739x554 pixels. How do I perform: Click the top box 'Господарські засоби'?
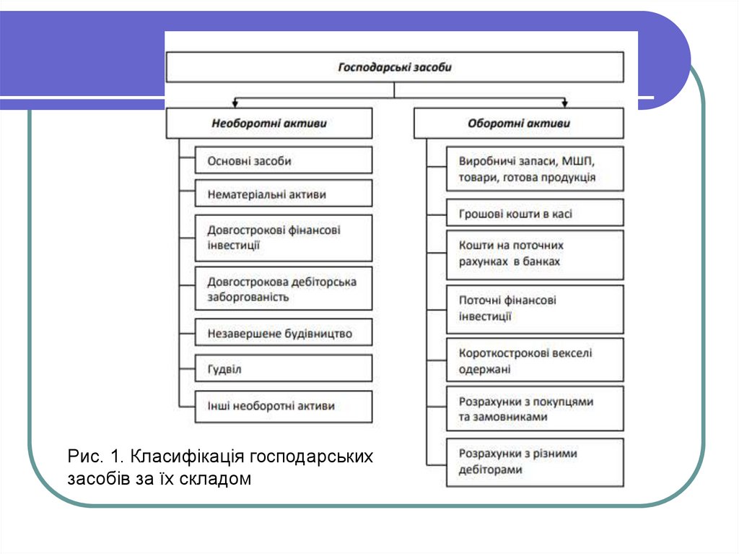[x=395, y=67]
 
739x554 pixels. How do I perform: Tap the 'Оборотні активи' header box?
[x=518, y=124]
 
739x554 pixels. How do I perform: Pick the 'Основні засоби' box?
[x=284, y=161]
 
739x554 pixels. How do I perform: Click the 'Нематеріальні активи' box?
[x=284, y=194]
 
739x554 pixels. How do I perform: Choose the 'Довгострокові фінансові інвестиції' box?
[x=284, y=238]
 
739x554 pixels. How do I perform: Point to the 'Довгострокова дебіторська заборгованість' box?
[x=284, y=289]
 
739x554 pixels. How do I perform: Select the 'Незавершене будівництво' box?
[x=284, y=334]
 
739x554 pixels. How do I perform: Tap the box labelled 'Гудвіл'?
[x=284, y=369]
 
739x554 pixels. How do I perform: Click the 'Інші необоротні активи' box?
[x=284, y=406]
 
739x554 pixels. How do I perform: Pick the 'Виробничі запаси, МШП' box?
[x=535, y=168]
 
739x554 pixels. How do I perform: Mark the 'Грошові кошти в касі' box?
[x=535, y=214]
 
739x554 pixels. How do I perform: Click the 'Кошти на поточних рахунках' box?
[x=535, y=254]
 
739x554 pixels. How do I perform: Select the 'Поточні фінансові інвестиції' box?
[x=535, y=308]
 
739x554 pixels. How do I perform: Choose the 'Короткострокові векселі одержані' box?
[x=535, y=360]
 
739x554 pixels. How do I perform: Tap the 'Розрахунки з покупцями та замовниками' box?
[x=535, y=409]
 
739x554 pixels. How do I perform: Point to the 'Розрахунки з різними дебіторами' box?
[x=535, y=462]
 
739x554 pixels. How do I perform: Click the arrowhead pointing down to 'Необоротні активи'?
[x=235, y=104]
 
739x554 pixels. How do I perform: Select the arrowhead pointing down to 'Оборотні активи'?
[x=566, y=104]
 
